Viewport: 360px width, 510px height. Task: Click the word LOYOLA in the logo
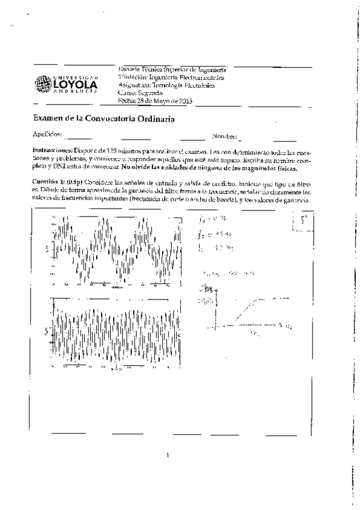[76, 86]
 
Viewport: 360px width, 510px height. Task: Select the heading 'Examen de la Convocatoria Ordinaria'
[103, 120]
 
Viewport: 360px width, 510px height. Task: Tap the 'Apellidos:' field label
[47, 137]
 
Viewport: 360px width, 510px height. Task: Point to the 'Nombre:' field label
[224, 137]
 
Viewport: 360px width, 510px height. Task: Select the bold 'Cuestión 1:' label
[48, 181]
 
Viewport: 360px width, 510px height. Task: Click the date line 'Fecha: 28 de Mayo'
[154, 101]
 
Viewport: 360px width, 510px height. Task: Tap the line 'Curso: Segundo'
[140, 93]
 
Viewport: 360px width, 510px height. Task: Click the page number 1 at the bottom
[168, 455]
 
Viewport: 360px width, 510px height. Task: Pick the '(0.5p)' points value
[75, 181]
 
